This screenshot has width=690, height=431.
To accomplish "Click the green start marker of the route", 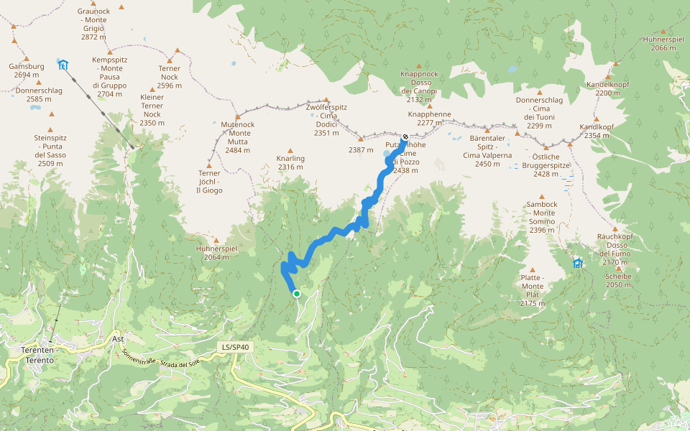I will click(x=296, y=293).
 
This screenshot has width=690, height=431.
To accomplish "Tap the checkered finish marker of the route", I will click(x=405, y=137).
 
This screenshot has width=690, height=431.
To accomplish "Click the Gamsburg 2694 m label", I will click(x=27, y=70).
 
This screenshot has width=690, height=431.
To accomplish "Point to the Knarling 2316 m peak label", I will click(x=290, y=163).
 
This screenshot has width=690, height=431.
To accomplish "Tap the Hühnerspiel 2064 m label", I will click(x=216, y=252).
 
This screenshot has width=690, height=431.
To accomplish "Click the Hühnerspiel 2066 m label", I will click(x=663, y=44).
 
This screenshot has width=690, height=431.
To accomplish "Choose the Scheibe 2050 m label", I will click(x=618, y=280).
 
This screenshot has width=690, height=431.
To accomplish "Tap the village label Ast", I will click(x=119, y=338).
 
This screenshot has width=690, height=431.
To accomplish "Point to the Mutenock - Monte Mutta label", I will click(x=238, y=137).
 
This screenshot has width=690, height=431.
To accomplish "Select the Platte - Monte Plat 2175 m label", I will click(x=532, y=290).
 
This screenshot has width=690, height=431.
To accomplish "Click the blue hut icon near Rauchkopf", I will click(x=578, y=264).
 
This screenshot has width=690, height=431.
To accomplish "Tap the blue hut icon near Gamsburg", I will click(x=63, y=65).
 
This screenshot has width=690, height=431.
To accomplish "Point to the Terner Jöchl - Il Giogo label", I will click(x=209, y=182).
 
